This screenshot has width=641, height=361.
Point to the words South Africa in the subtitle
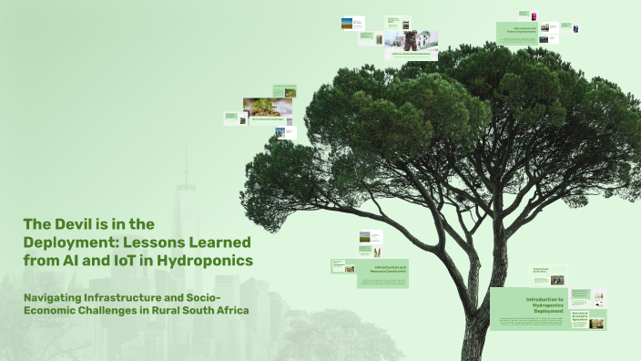216,310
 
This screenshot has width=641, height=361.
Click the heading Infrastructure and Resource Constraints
389,268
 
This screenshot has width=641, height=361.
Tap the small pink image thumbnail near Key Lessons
534,15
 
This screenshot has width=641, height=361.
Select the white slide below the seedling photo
285,133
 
